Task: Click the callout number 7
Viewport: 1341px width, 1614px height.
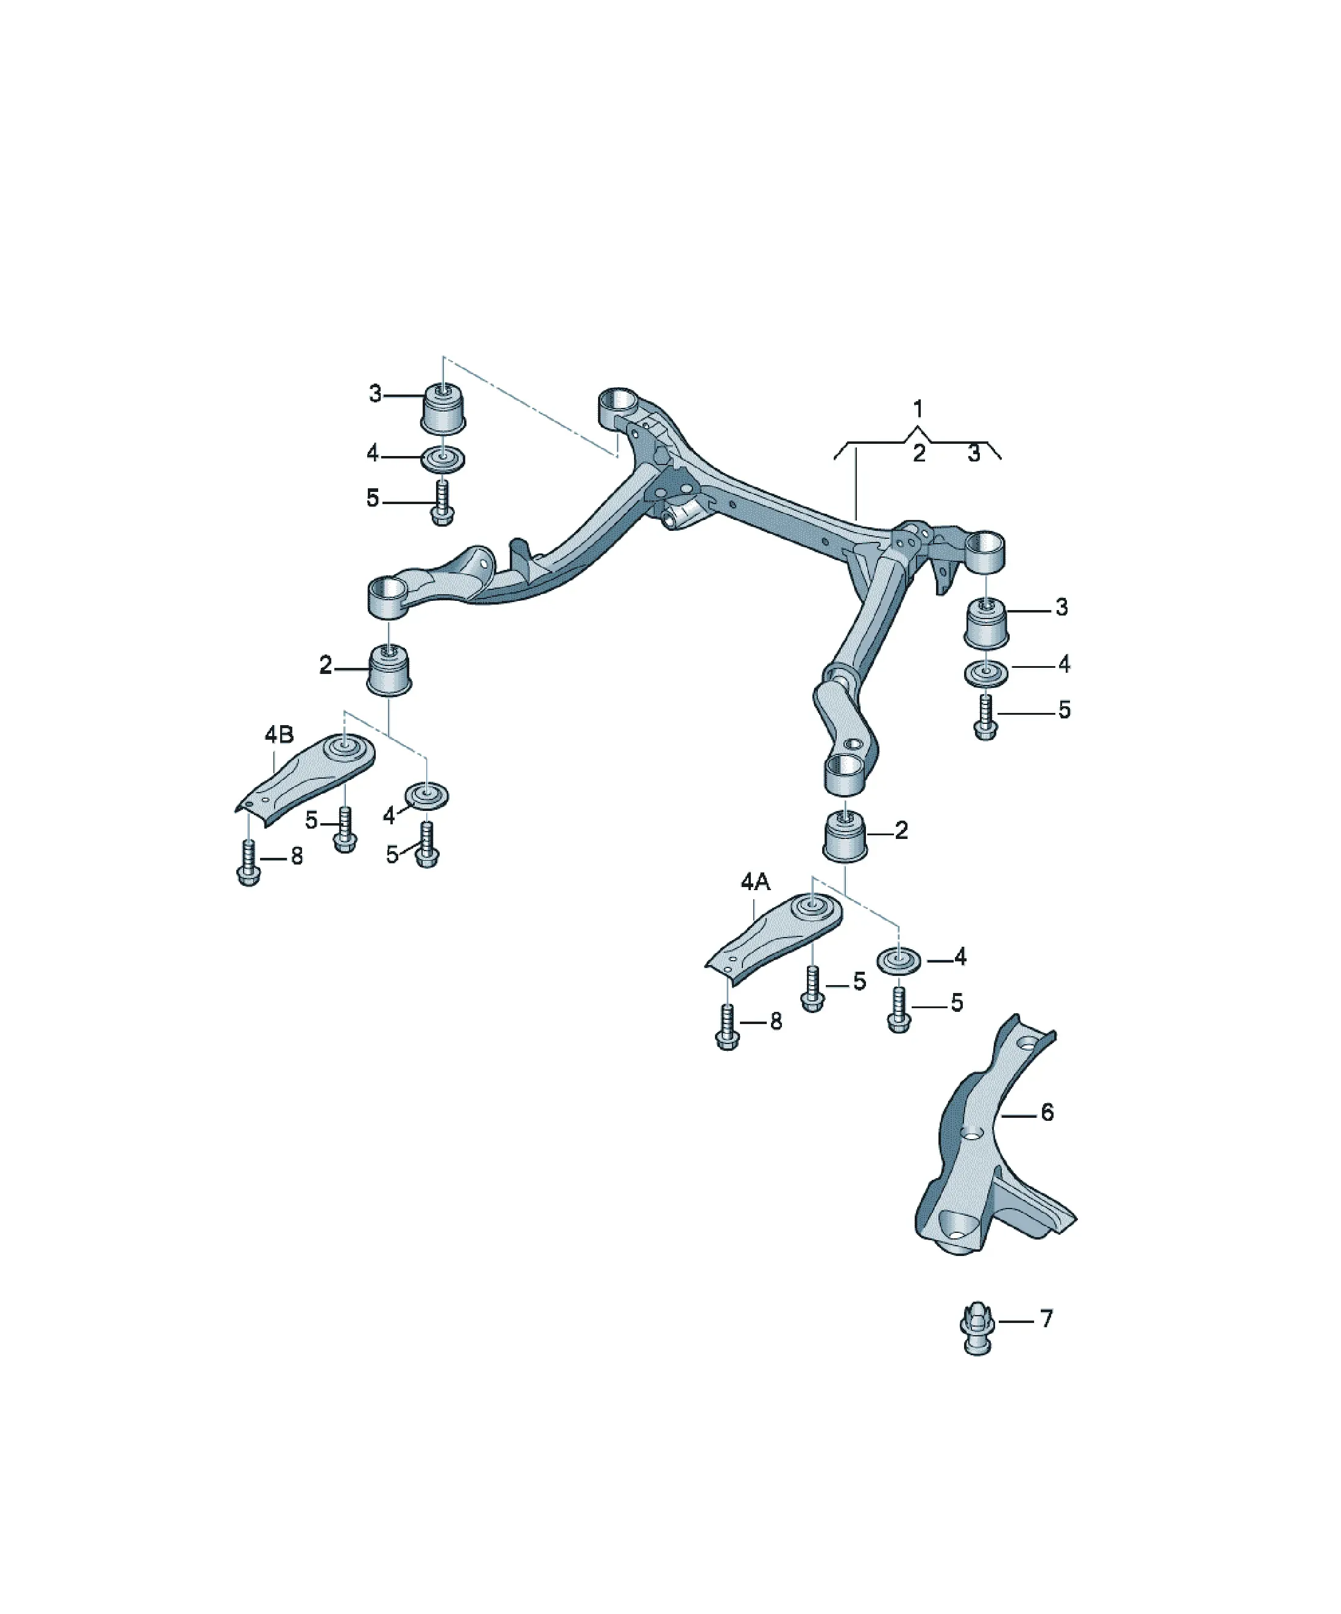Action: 1046,1319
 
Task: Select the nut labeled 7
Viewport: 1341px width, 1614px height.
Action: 977,1328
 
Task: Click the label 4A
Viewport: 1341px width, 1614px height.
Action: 755,882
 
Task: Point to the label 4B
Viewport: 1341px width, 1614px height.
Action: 279,735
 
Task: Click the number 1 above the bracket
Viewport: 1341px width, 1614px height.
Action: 917,409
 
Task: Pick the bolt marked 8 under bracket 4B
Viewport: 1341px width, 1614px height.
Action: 248,863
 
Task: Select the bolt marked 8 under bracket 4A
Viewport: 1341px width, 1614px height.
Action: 727,1028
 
